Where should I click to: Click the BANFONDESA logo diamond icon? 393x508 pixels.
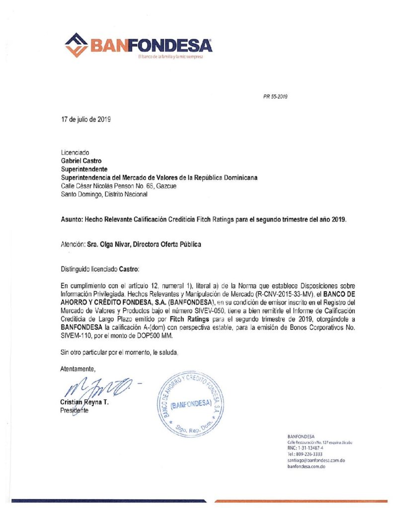click(x=77, y=45)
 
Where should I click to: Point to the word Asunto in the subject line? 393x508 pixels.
click(x=71, y=219)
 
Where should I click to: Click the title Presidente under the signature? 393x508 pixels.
click(x=74, y=410)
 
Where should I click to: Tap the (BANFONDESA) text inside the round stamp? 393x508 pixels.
click(x=191, y=403)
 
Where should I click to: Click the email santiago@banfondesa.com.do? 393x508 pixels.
click(x=316, y=460)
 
